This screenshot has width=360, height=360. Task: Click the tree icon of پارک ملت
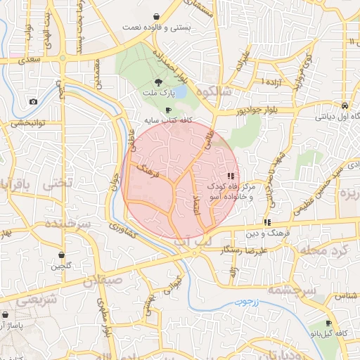(167, 82)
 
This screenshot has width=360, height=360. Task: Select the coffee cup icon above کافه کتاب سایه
(167, 110)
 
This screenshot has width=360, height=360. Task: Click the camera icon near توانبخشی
(33, 102)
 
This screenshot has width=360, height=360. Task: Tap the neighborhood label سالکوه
(214, 92)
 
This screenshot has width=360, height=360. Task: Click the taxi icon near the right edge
(344, 105)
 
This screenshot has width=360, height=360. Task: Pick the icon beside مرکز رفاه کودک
(231, 176)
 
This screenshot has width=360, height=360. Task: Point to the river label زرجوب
(247, 302)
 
